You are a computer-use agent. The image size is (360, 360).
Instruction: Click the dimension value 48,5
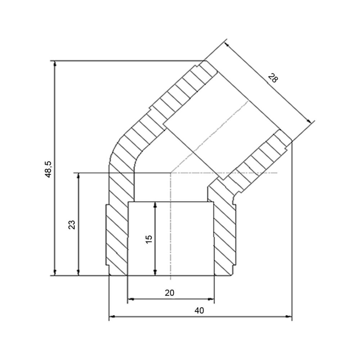point(49,169)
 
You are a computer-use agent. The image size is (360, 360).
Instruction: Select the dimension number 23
point(72,225)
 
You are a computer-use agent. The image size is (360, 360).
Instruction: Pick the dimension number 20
point(170,293)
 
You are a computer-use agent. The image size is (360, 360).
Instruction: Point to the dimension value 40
point(199,310)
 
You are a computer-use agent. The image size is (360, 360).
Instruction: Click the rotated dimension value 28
point(273,78)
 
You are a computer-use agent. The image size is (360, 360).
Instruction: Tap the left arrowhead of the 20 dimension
point(131,299)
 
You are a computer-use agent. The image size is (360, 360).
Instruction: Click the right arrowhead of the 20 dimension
point(211,299)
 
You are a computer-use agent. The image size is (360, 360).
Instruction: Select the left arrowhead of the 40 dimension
point(112,316)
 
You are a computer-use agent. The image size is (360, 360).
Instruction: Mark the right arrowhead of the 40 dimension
point(289,316)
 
